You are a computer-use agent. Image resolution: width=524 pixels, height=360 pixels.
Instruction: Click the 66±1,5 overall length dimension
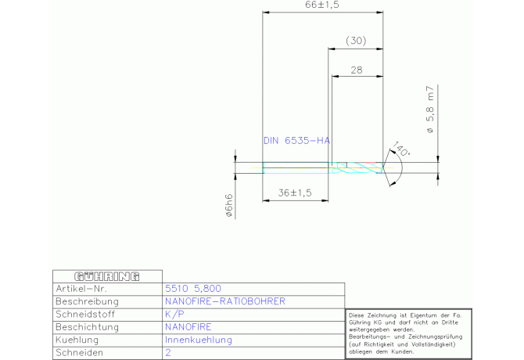click(321, 5)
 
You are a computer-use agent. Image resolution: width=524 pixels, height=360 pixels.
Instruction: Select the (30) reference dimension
click(356, 41)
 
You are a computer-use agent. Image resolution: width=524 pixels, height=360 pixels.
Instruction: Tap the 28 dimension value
click(357, 70)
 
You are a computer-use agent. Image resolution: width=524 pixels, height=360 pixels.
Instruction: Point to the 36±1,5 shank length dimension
click(295, 193)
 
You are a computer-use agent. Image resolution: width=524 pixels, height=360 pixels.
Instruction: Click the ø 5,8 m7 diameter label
click(430, 110)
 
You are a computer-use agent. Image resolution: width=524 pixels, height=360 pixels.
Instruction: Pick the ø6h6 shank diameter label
click(229, 206)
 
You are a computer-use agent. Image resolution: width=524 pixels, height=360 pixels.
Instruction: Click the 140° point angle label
click(400, 149)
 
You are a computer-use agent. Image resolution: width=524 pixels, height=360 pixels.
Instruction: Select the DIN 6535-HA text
click(296, 141)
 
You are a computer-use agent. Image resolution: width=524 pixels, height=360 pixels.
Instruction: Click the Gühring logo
click(107, 276)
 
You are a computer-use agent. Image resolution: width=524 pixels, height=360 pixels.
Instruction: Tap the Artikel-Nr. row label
click(81, 289)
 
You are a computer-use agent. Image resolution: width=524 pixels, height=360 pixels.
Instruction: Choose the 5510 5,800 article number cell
click(193, 289)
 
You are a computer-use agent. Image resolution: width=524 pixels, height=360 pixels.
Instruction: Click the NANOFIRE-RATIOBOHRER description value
click(225, 301)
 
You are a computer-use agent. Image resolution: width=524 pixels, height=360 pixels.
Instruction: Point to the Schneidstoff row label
click(85, 315)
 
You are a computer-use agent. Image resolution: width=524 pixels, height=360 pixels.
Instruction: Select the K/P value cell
click(174, 314)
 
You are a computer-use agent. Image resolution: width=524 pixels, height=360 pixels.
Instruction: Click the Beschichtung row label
click(88, 327)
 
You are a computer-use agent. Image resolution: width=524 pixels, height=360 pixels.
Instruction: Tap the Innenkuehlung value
click(199, 340)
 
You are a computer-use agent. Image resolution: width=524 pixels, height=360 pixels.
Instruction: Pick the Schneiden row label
click(80, 353)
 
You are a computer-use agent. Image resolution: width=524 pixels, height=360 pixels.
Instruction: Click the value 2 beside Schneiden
click(168, 353)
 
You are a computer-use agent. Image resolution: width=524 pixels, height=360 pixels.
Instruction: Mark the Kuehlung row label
click(77, 340)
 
